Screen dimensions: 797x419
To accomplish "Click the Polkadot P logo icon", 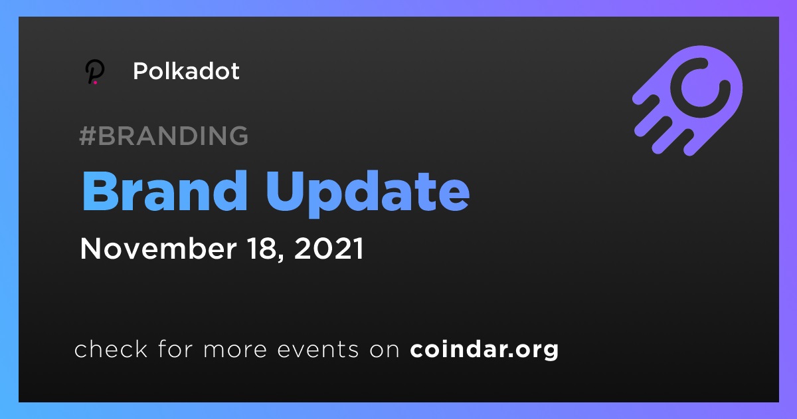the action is point(94,72).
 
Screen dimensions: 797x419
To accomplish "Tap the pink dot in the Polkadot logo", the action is point(95,82).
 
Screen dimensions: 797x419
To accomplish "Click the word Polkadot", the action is point(186,71).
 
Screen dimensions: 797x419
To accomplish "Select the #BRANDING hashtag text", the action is point(163,136).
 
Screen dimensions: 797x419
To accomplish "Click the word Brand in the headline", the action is point(165,191).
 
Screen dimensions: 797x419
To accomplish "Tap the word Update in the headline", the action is point(368,194).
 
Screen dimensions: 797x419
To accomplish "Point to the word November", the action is point(158,248).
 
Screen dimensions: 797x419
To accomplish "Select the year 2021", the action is point(329,248).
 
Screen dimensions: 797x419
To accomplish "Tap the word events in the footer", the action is point(318,349).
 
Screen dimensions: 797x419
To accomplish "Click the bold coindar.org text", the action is point(484,350).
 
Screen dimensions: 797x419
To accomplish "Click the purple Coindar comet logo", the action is point(687,100).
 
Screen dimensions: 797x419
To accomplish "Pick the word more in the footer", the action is point(235,350).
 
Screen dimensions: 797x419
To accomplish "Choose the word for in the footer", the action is point(175,349).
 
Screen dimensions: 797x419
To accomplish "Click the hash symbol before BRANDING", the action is point(88,136).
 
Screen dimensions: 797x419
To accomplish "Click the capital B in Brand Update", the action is point(100,191).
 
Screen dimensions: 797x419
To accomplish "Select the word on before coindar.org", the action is point(385,350).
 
